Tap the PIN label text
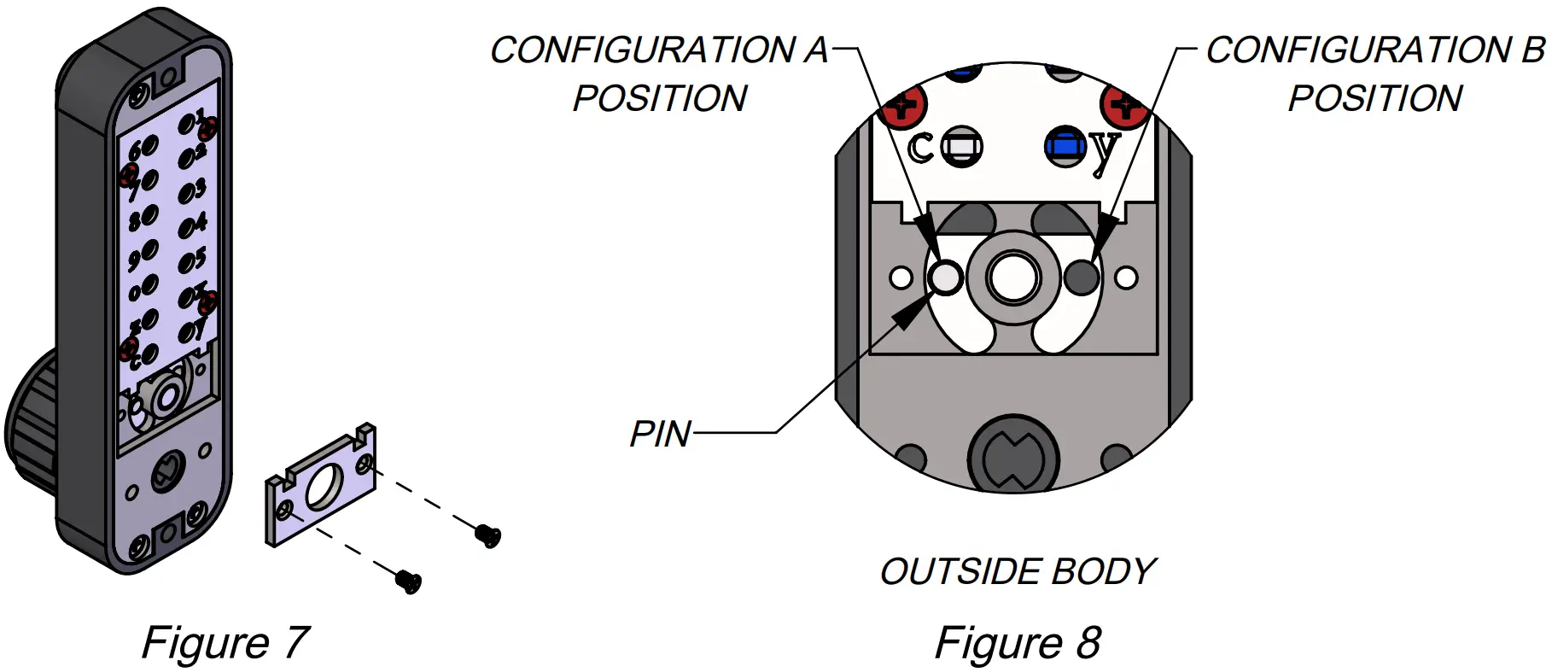pos(660,434)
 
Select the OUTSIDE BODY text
pos(1018,571)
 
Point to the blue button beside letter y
pos(1065,147)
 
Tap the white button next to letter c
pos(962,147)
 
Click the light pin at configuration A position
pos(945,277)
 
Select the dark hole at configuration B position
pos(1082,277)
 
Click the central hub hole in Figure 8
pos(1013,278)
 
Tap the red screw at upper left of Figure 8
pos(905,107)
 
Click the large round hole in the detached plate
pos(324,488)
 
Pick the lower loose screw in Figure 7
pos(409,581)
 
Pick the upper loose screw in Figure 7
pos(488,535)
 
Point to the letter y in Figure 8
pos(1104,150)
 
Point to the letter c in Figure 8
pos(920,148)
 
